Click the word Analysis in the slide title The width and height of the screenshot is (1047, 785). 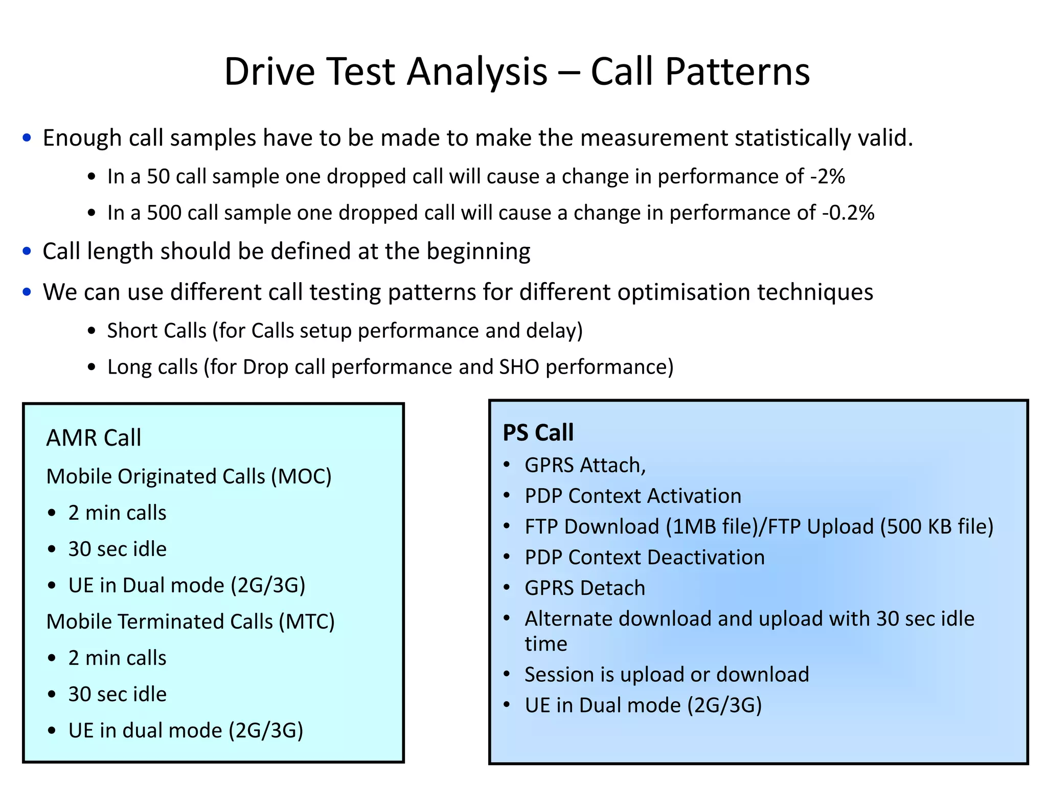tap(477, 72)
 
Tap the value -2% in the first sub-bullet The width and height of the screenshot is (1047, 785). tap(828, 176)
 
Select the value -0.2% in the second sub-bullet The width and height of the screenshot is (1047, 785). tap(848, 213)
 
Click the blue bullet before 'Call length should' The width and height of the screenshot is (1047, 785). tap(27, 251)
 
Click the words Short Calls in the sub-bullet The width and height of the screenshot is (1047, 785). tap(156, 331)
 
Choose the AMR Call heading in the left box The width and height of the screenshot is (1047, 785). tap(94, 438)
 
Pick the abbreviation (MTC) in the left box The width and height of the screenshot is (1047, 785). tap(307, 621)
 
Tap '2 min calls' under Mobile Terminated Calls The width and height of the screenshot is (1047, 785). tap(117, 658)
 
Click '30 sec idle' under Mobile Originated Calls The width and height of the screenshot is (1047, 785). tap(117, 549)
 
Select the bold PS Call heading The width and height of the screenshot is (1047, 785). tap(538, 432)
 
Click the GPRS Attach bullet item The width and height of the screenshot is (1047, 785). tap(585, 465)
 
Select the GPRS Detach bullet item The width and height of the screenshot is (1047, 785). tap(585, 588)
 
